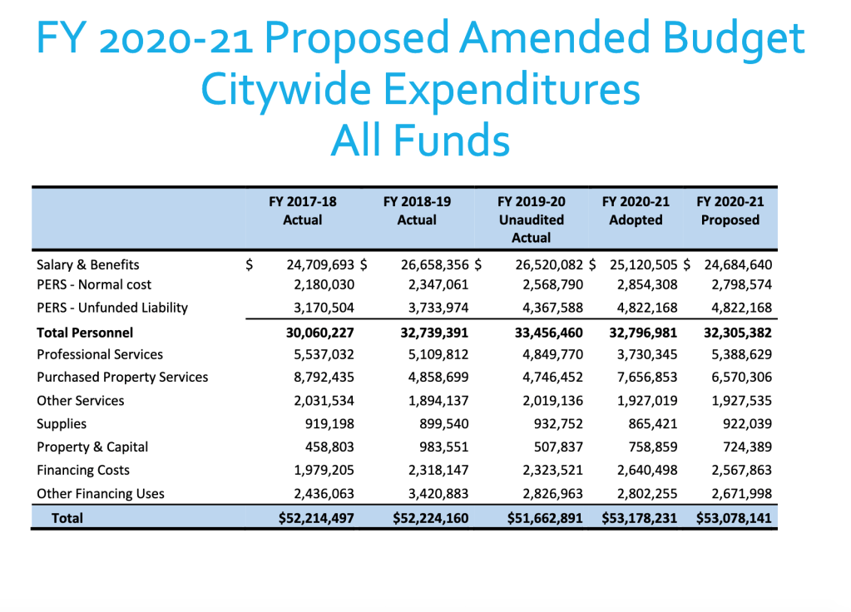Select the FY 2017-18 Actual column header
(x=302, y=211)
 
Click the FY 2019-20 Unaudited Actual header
(x=531, y=220)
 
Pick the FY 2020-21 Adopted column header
(x=636, y=211)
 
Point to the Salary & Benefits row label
(x=88, y=265)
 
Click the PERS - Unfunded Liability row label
(x=112, y=308)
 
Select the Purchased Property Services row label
(x=122, y=378)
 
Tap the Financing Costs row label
(x=83, y=471)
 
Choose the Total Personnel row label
(x=85, y=332)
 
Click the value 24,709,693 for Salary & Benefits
(x=320, y=265)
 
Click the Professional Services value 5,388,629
(x=738, y=354)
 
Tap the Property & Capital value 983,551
(x=443, y=447)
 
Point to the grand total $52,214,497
(x=316, y=518)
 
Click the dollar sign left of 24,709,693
(x=250, y=265)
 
